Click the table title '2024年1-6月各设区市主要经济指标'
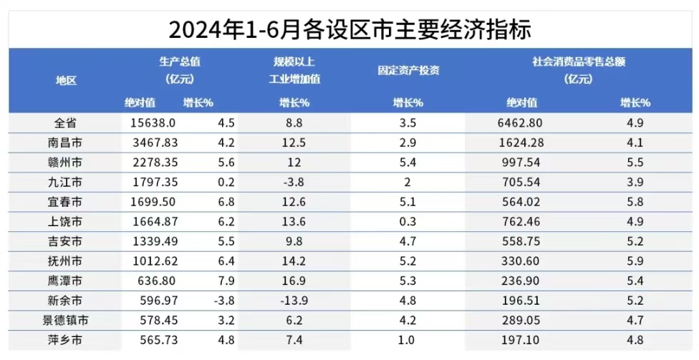[x=349, y=29]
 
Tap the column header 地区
[x=66, y=81]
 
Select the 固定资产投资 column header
[x=408, y=70]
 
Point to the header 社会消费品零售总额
[x=579, y=62]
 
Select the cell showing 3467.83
[x=153, y=142]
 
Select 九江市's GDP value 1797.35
[x=153, y=183]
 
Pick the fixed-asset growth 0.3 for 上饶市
[x=408, y=223]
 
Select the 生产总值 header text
[x=180, y=62]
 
